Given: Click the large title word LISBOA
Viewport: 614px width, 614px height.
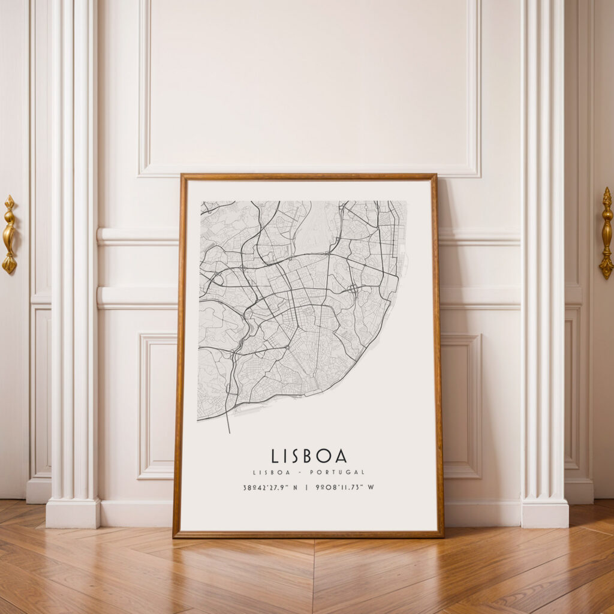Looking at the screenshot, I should [309, 456].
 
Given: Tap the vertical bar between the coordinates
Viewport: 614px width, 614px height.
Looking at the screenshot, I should [306, 487].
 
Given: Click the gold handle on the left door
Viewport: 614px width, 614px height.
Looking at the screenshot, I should [9, 234].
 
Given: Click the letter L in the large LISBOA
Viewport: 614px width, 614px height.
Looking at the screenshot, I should [275, 456].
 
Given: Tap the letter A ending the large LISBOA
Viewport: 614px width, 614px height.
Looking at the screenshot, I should [341, 456].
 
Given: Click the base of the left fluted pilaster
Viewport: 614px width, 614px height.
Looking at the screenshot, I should [73, 513].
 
